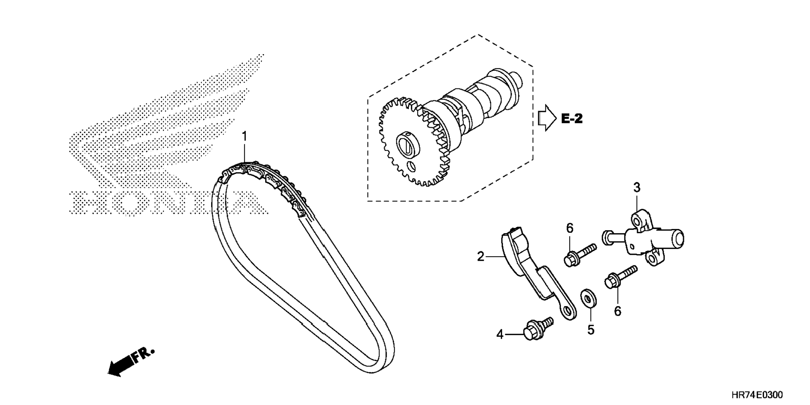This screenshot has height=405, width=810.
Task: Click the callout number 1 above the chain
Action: coord(245,137)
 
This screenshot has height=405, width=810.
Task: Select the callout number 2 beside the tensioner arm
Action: coord(480,256)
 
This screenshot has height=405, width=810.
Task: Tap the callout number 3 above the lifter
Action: coord(637,187)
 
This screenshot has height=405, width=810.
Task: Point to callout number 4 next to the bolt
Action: coord(500,335)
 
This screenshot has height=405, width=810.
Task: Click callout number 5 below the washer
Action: coord(591,330)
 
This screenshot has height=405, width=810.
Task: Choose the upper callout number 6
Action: coord(570,228)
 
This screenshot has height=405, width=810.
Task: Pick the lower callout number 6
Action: coord(617,311)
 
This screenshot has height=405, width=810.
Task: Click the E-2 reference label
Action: coord(572,119)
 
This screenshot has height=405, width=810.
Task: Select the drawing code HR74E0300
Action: coord(757,395)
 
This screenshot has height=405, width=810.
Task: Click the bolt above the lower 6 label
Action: coord(620,276)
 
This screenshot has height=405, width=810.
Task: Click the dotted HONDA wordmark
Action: coord(168,203)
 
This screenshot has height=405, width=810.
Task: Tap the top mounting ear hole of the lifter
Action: coord(637,219)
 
